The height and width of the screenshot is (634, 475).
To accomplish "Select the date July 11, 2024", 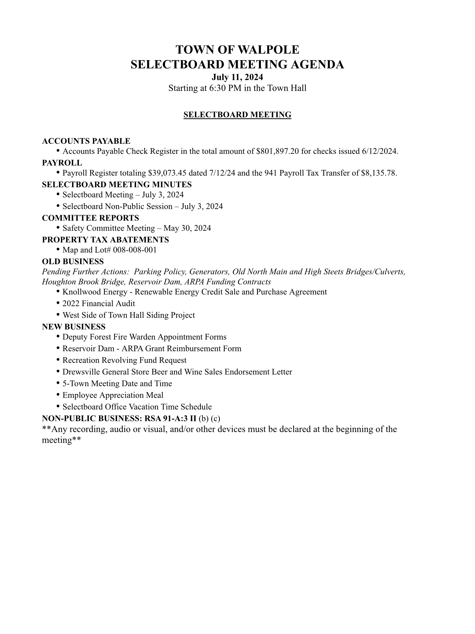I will tap(237, 77).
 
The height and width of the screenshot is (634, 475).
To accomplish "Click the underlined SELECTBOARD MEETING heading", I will tap(237, 115).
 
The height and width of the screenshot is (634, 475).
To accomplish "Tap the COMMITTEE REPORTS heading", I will tap(90, 218).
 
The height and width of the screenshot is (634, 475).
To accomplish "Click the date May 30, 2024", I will tap(187, 228).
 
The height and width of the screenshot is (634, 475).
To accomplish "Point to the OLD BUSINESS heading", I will tap(73, 262).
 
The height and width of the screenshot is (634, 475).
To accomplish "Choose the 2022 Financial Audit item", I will tap(99, 303).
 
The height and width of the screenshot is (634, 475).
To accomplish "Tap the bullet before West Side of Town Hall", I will tap(58, 315).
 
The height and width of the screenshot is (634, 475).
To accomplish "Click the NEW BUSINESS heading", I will tap(74, 327).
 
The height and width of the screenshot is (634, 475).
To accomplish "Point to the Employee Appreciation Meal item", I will tap(113, 395).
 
